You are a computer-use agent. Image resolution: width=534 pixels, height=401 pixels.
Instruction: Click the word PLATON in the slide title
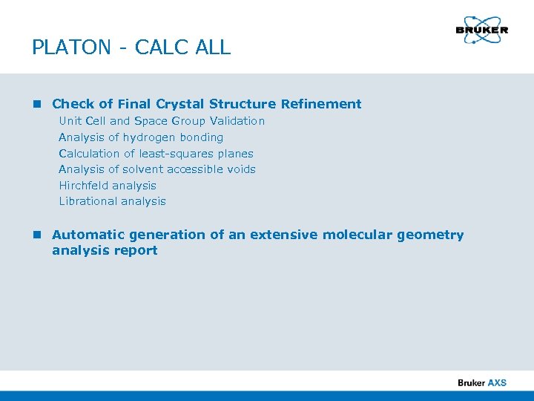click(x=70, y=48)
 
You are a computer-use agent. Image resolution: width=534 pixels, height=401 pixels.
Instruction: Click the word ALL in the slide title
click(x=214, y=48)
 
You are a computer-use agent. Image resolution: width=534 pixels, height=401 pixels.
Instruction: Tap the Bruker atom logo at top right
click(x=482, y=30)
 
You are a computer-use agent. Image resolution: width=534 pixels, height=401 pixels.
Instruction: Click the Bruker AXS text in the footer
click(x=482, y=382)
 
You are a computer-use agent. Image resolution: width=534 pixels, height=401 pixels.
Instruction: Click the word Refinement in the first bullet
click(x=321, y=104)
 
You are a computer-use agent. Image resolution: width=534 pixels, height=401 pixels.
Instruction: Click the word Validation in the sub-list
click(x=237, y=120)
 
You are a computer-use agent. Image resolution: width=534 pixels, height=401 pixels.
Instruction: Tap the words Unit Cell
click(x=82, y=120)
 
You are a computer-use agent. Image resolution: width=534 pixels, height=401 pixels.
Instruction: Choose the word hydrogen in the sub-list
click(x=149, y=137)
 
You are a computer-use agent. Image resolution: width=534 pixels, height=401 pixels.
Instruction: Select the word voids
click(x=241, y=169)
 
